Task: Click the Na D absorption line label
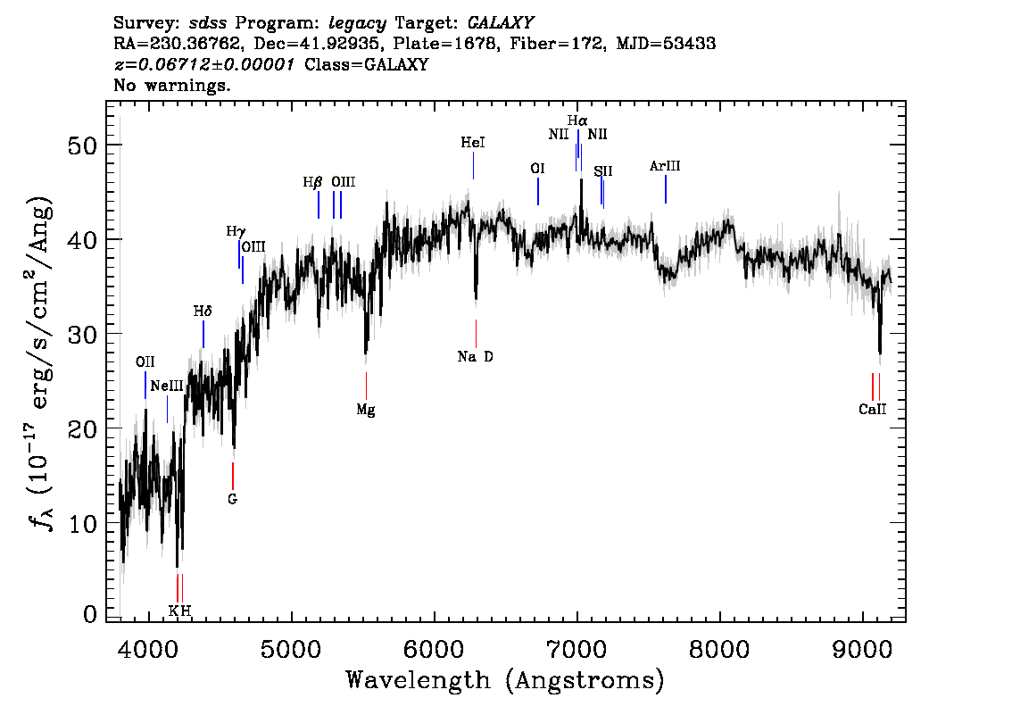coord(475,357)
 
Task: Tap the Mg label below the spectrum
coord(366,411)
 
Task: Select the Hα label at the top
coord(577,120)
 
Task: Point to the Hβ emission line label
coord(312,182)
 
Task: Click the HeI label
coord(473,143)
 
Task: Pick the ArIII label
coord(665,166)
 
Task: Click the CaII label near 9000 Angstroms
coord(873,410)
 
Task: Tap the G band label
coord(232,499)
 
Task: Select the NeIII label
coord(167,386)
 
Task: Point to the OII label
coord(145,362)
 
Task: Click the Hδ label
coord(203,312)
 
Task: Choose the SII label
coord(603,171)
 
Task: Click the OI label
coord(537,168)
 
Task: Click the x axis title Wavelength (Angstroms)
coord(505,681)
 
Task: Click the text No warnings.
coord(172,86)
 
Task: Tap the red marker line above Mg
coord(366,386)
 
